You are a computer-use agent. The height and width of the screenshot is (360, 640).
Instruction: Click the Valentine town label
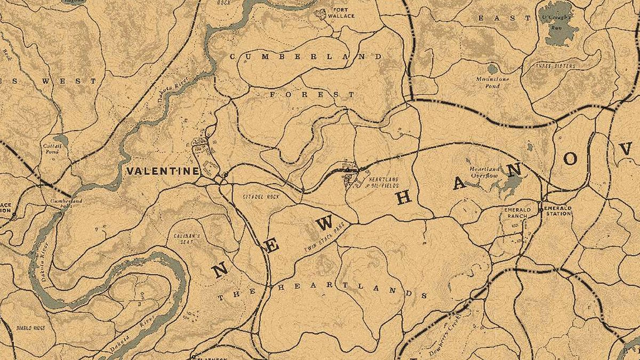tap(163, 171)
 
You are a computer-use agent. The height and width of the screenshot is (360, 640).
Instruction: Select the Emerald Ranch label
tap(515, 213)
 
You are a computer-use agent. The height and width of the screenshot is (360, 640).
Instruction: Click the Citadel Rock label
tap(261, 197)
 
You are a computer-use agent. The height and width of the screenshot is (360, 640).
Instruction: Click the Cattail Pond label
tap(55, 148)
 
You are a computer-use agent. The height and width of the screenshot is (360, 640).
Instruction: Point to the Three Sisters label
tap(555, 66)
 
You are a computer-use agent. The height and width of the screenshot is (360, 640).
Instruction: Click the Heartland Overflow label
tap(484, 171)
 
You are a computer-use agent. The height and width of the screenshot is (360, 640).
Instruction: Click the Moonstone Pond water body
tap(492, 69)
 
